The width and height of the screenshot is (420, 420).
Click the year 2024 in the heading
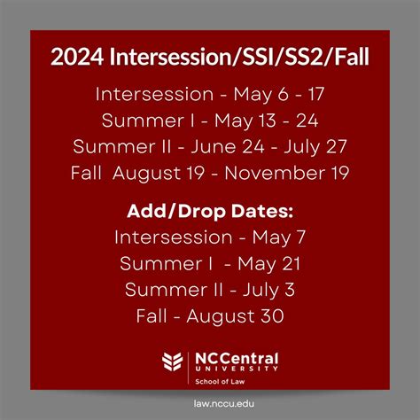click(x=77, y=58)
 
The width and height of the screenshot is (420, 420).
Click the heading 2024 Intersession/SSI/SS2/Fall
click(x=210, y=58)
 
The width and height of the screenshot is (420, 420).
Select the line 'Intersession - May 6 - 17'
click(x=210, y=94)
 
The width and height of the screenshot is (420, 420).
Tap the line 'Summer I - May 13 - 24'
click(x=210, y=120)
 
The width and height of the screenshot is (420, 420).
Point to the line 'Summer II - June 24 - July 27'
click(x=210, y=146)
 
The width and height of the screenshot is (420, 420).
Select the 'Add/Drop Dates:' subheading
click(x=210, y=212)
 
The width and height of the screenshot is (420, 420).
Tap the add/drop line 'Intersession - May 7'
click(x=210, y=237)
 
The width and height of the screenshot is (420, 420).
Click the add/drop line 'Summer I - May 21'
click(x=210, y=263)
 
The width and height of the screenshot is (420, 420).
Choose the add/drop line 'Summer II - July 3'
click(x=210, y=289)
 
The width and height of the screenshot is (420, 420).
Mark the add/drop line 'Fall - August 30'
click(x=210, y=315)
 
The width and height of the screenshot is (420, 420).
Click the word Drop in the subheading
click(x=215, y=212)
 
